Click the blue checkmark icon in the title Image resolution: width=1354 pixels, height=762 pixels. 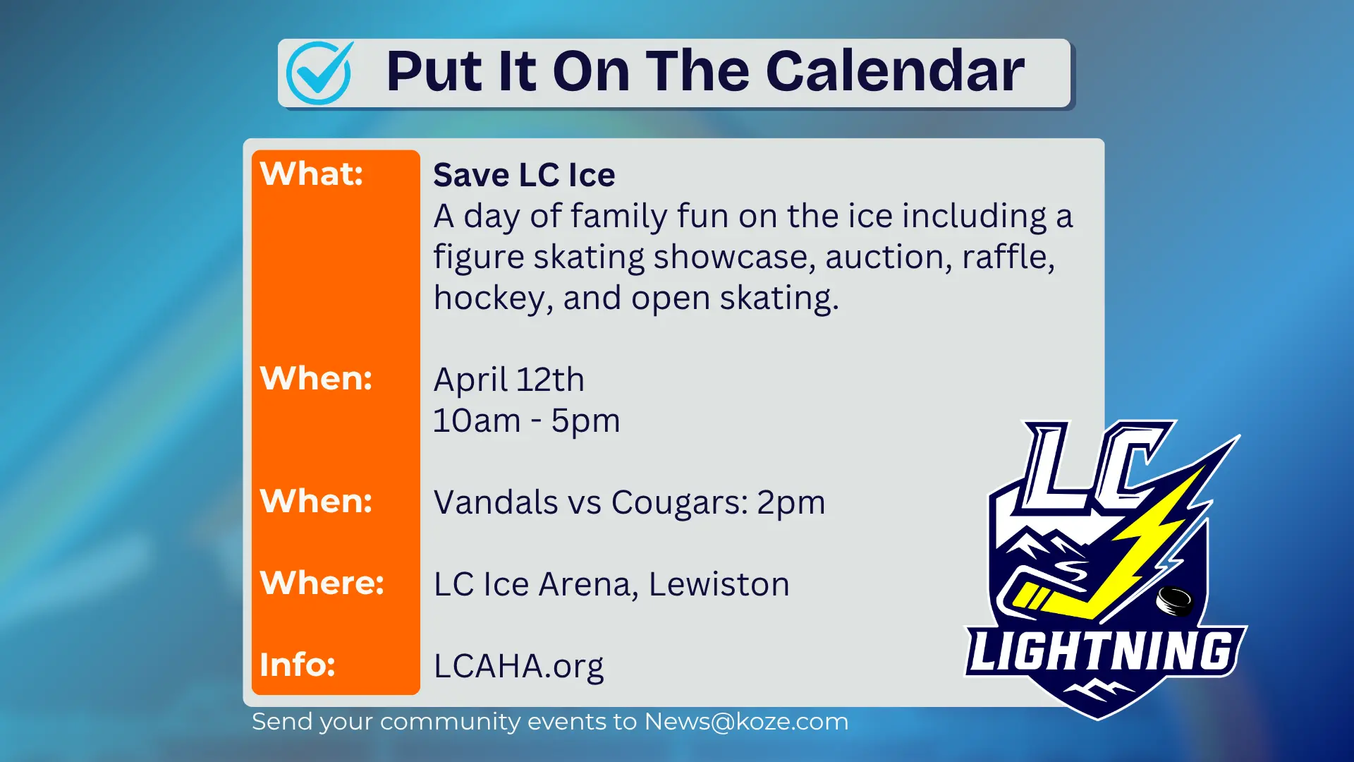(x=319, y=73)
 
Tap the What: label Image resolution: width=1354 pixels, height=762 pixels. (x=311, y=174)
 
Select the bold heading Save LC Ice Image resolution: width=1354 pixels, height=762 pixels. (x=523, y=175)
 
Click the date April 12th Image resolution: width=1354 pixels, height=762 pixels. (x=508, y=380)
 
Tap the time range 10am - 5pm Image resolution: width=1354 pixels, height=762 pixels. (x=526, y=421)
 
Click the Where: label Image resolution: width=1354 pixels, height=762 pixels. (x=322, y=583)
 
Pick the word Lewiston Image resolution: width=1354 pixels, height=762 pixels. (x=719, y=584)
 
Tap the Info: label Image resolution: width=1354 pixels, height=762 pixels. (x=297, y=665)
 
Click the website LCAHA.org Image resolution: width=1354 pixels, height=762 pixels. (x=518, y=666)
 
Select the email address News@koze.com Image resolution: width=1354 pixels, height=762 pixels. (x=746, y=722)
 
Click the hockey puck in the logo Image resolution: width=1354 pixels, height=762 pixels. (x=1174, y=600)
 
